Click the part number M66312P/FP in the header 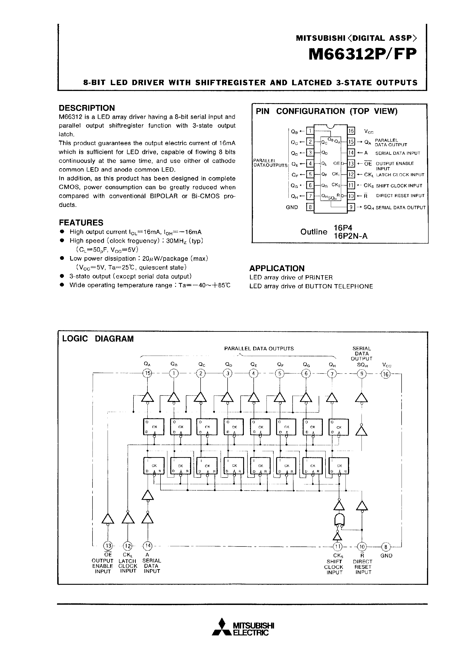[363, 54]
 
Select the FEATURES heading [81, 223]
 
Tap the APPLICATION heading [277, 268]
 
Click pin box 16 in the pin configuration [351, 131]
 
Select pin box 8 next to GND [310, 207]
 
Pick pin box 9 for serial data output [351, 207]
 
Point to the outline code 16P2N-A [351, 236]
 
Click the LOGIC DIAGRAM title [98, 339]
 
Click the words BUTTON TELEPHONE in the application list [339, 286]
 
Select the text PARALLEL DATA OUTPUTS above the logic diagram [259, 349]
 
